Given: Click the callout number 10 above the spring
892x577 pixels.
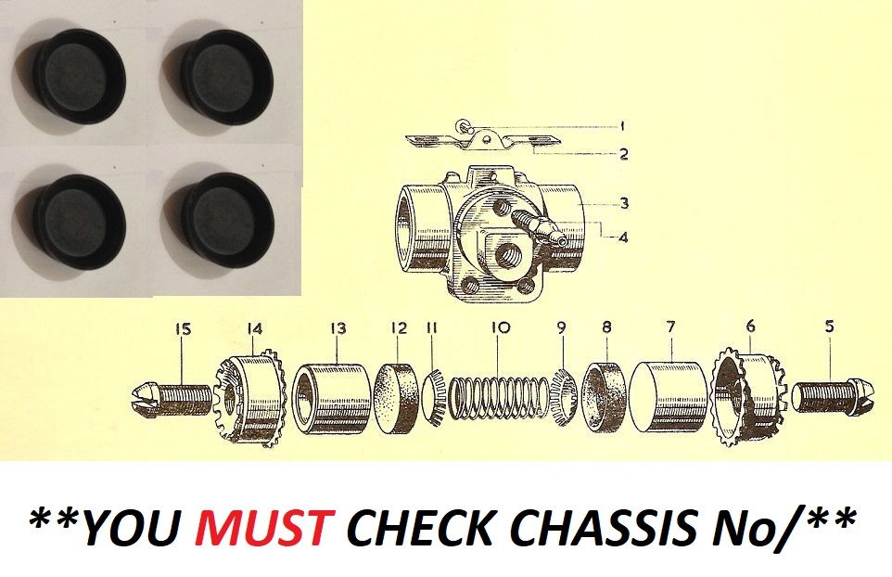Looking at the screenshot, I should (x=501, y=328).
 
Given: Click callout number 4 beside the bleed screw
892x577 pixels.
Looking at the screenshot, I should (x=623, y=237).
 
